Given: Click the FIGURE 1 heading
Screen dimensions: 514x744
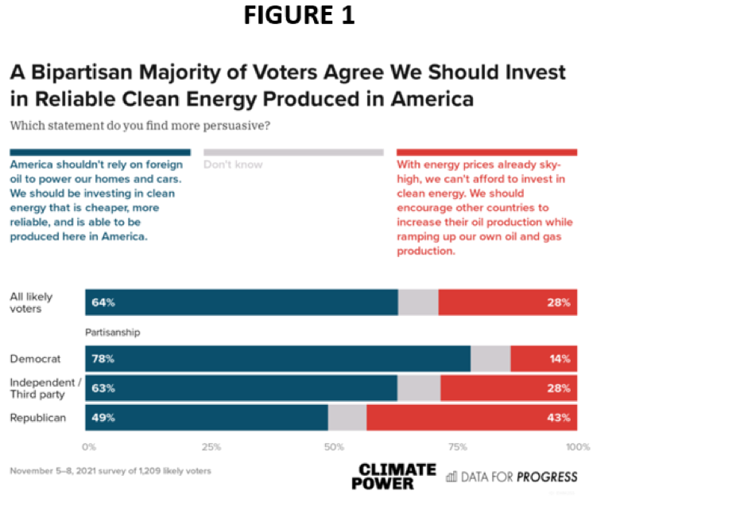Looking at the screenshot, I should [299, 15].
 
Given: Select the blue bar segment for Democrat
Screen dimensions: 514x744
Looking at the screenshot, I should [277, 359].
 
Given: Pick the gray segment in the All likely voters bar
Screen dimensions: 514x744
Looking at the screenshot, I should [418, 302].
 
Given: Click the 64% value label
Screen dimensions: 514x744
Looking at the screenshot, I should [103, 302].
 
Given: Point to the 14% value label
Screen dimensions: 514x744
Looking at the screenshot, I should [560, 359].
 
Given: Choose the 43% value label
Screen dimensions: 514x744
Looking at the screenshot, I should [560, 417].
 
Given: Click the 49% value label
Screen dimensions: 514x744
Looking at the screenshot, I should [103, 417].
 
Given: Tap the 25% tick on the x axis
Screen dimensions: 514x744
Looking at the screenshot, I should [211, 446].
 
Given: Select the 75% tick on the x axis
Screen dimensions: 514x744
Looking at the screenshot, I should [457, 446].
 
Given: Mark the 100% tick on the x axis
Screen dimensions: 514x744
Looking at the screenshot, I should [577, 446].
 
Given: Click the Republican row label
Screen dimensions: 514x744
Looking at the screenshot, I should [37, 417].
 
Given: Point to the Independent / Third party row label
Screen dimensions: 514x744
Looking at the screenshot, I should [45, 388].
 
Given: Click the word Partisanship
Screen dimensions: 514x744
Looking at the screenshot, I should [112, 333].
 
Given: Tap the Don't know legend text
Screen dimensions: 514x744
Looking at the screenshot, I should [232, 165].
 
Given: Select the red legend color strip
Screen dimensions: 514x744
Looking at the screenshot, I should [486, 152].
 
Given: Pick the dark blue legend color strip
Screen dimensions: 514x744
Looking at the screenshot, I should [99, 152].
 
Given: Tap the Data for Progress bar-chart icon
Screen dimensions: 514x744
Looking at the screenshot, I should [451, 477].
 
